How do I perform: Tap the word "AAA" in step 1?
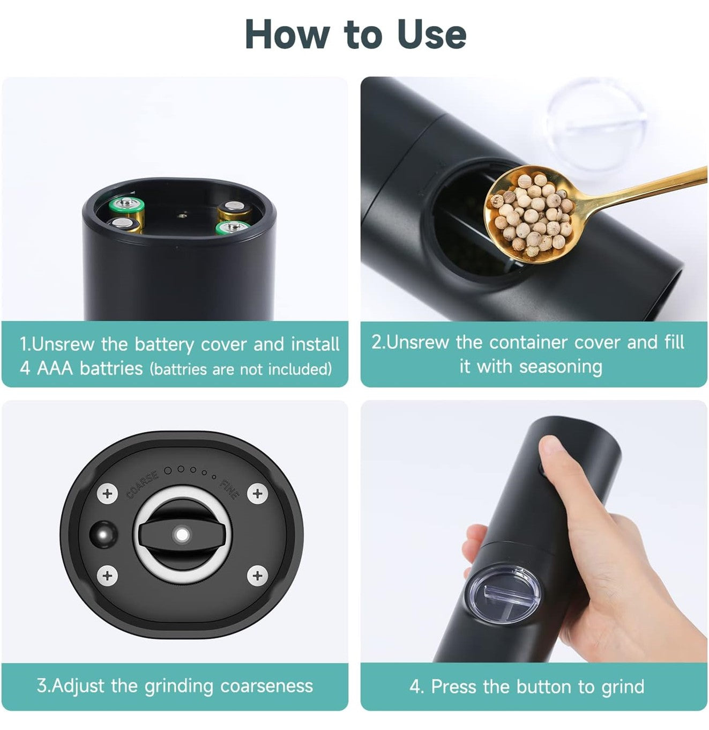pyautogui.click(x=54, y=368)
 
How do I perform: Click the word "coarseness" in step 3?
pyautogui.click(x=266, y=685)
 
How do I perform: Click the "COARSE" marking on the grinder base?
pyautogui.click(x=142, y=485)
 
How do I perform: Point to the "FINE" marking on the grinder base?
pyautogui.click(x=229, y=489)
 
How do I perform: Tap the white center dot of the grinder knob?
pyautogui.click(x=183, y=535)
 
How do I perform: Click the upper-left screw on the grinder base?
pyautogui.click(x=108, y=493)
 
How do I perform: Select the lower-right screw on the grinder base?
pyautogui.click(x=257, y=576)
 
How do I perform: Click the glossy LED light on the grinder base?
pyautogui.click(x=103, y=534)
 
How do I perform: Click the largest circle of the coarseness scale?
pyautogui.click(x=168, y=470)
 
